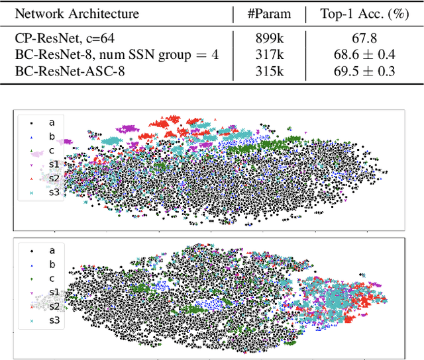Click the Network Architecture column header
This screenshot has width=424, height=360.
click(x=77, y=13)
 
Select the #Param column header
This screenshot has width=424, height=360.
click(x=268, y=13)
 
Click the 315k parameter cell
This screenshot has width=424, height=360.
click(x=268, y=70)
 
